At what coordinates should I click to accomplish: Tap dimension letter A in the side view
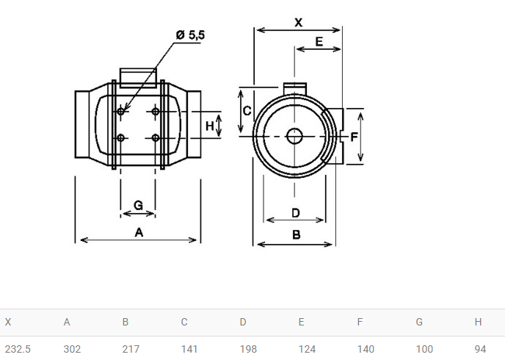139,232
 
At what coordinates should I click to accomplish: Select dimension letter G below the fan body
138,205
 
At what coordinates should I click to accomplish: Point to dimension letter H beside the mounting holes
209,126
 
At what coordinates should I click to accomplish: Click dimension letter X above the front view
298,23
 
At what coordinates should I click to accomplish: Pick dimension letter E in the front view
319,42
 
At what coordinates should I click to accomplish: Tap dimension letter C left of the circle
247,111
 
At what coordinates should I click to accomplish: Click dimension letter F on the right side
354,137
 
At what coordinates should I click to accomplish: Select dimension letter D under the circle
295,213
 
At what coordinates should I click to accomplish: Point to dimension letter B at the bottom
296,235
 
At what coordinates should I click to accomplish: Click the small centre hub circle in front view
294,136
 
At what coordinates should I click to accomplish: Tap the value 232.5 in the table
18,348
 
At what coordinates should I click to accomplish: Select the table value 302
72,348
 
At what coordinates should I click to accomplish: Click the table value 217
131,348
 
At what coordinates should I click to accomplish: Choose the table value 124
307,348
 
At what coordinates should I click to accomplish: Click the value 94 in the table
480,348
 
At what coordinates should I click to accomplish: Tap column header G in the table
419,322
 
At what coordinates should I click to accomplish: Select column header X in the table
8,322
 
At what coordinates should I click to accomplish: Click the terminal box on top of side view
138,75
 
